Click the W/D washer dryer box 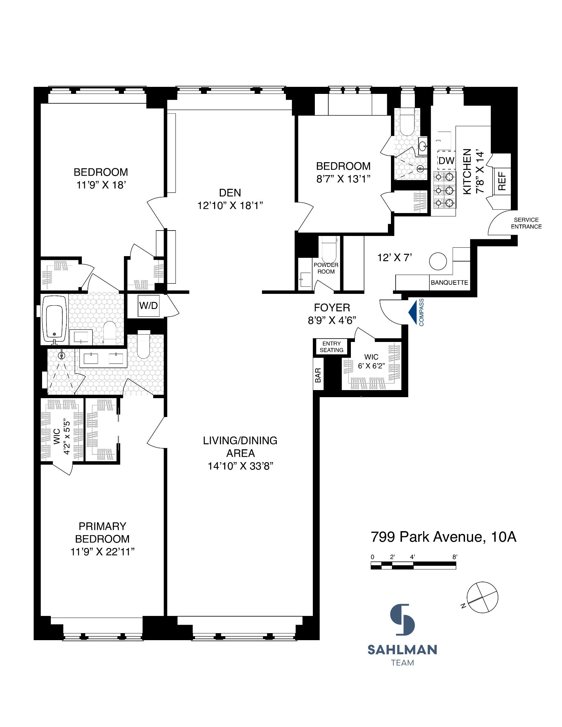(148, 306)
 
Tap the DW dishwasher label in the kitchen (447, 161)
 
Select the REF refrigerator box (502, 181)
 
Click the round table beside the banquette (438, 261)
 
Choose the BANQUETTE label (449, 283)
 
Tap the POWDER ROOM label (326, 268)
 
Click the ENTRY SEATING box (331, 347)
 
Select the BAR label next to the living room (318, 375)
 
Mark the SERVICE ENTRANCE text (526, 223)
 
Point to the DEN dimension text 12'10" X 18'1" (230, 205)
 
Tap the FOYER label (332, 307)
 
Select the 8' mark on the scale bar (455, 557)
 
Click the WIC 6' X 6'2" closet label (371, 361)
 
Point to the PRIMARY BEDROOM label (102, 532)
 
